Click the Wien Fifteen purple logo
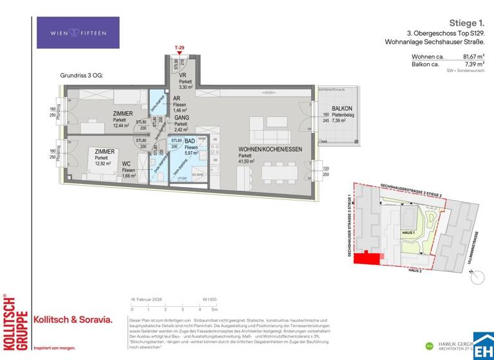(78, 33)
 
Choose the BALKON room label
(342, 109)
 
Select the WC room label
(127, 164)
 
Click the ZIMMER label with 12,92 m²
(105, 152)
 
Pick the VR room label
(183, 75)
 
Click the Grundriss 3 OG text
(82, 75)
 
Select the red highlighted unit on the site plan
(369, 258)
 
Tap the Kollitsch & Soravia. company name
(73, 319)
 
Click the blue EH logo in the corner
(483, 345)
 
